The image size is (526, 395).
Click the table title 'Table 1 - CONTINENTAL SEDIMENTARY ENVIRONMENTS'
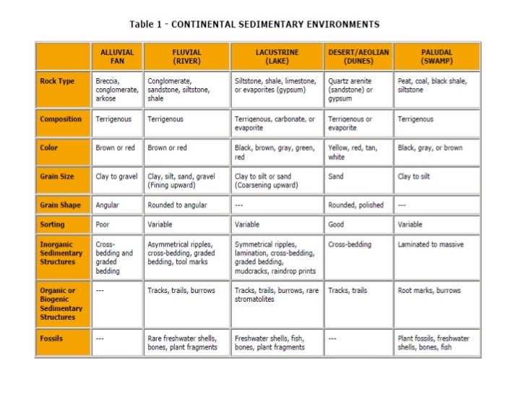point(254,24)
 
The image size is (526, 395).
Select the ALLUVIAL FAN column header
point(117,56)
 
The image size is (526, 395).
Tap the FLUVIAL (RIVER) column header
point(186,56)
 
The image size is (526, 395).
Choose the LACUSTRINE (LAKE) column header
point(277,56)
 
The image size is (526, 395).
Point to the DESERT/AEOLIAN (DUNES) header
point(358,56)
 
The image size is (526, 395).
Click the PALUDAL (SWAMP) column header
point(436,56)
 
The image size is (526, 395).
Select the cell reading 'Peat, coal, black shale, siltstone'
point(436,85)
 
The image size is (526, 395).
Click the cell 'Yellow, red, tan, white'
point(358,152)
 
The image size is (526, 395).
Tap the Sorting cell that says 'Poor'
point(117,224)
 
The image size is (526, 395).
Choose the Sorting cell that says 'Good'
point(358,224)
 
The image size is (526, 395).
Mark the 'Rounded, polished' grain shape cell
point(358,205)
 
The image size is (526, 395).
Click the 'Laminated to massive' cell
point(436,245)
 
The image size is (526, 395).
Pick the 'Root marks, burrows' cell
point(436,290)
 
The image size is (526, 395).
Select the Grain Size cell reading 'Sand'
point(358,176)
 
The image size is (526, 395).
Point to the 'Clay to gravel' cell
point(117,176)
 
